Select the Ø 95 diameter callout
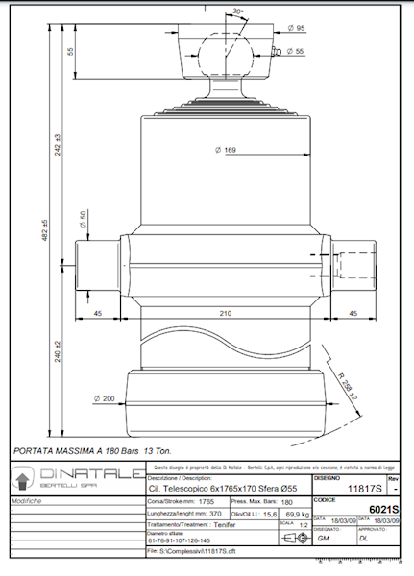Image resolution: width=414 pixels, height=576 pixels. [x=296, y=28]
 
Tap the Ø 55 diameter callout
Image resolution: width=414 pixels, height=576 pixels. [x=295, y=50]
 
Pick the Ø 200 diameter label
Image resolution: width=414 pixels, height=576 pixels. [x=104, y=397]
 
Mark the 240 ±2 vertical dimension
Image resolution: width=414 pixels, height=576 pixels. [x=59, y=355]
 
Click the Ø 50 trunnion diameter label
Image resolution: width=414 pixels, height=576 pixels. [x=83, y=220]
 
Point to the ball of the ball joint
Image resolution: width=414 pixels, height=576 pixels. [x=224, y=53]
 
